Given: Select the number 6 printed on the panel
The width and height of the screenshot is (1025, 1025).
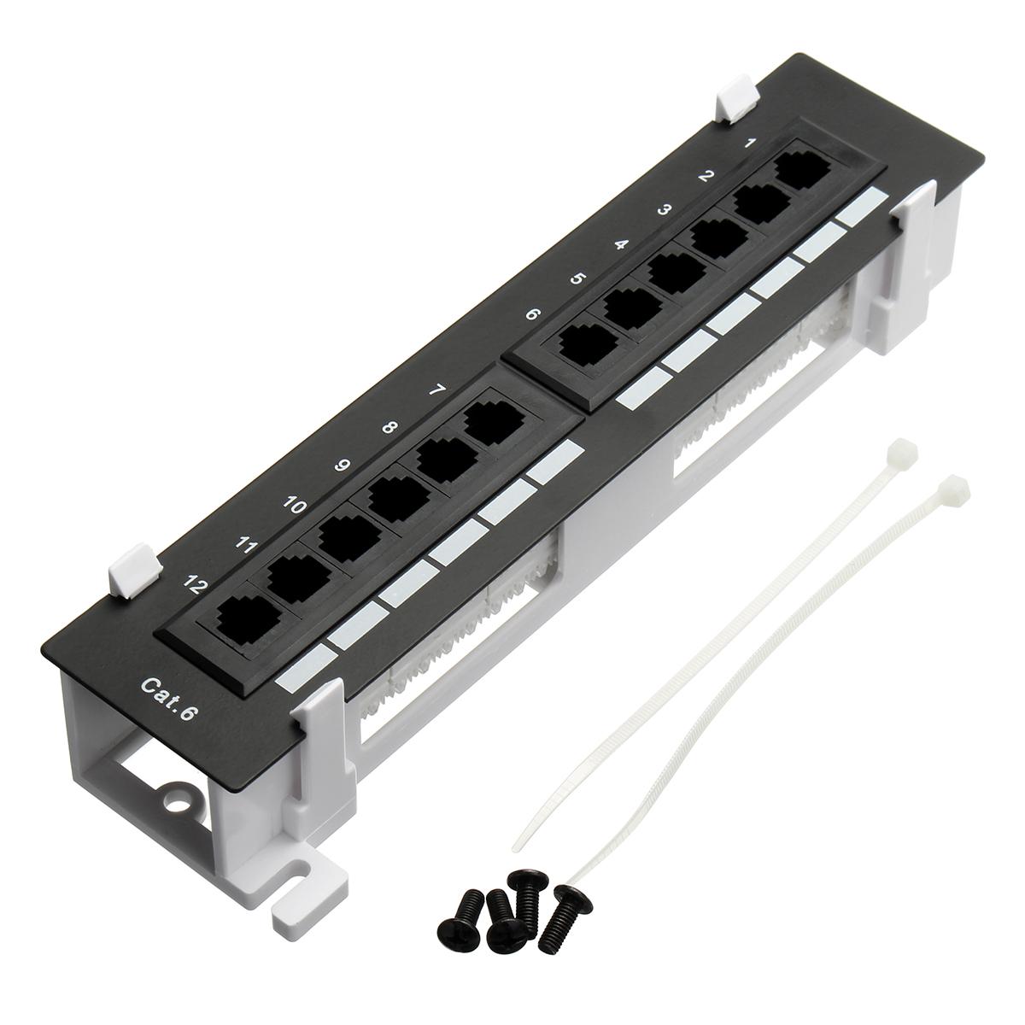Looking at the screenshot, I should [532, 314].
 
